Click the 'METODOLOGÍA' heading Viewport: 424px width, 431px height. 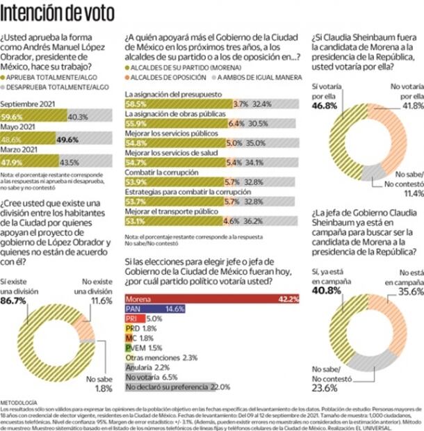click(x=18, y=402)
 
